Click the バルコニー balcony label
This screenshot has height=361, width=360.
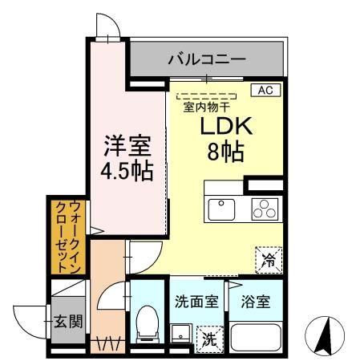206,59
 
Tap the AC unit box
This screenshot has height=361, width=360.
264,90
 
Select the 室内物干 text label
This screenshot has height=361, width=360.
204,106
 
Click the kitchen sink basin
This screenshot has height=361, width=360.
220,207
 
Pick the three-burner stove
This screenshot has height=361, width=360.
263,209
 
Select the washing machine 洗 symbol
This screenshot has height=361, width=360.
208,339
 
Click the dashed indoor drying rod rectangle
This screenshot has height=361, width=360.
204,95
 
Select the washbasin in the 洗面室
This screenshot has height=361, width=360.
180,333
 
